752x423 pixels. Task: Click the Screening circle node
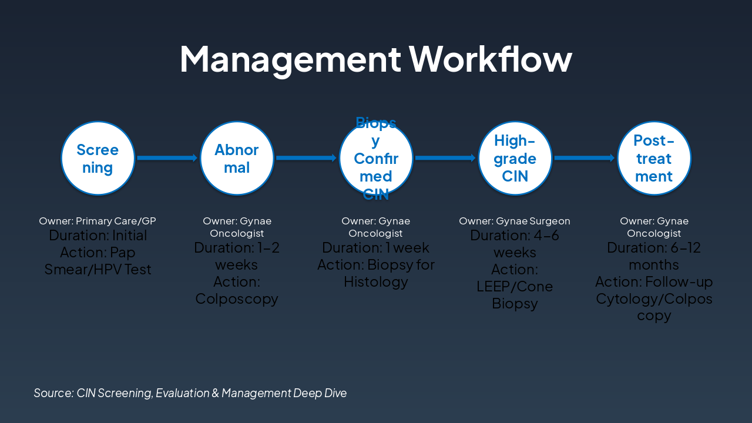pos(98,158)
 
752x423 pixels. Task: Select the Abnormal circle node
pos(237,158)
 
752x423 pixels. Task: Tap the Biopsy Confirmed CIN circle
pos(376,158)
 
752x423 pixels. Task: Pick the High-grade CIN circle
pos(515,158)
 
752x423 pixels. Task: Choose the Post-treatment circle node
pos(654,158)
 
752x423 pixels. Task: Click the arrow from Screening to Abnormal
pos(167,158)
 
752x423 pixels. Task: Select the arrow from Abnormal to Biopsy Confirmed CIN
pos(306,158)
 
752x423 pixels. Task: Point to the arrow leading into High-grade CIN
pos(445,158)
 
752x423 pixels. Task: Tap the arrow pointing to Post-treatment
pos(584,158)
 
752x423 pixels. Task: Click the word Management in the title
pos(290,59)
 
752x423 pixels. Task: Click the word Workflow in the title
pos(491,59)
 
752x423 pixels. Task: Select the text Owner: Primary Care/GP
pos(98,221)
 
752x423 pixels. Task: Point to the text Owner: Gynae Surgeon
pos(515,221)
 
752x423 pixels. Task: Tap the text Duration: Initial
pos(98,236)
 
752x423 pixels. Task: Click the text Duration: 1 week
pos(376,248)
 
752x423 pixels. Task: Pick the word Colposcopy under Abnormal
pos(237,299)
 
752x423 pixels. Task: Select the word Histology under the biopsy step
pos(376,282)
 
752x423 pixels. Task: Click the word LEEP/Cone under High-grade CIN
pos(515,287)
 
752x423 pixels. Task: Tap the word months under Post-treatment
pos(654,265)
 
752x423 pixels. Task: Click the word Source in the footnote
pos(53,393)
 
